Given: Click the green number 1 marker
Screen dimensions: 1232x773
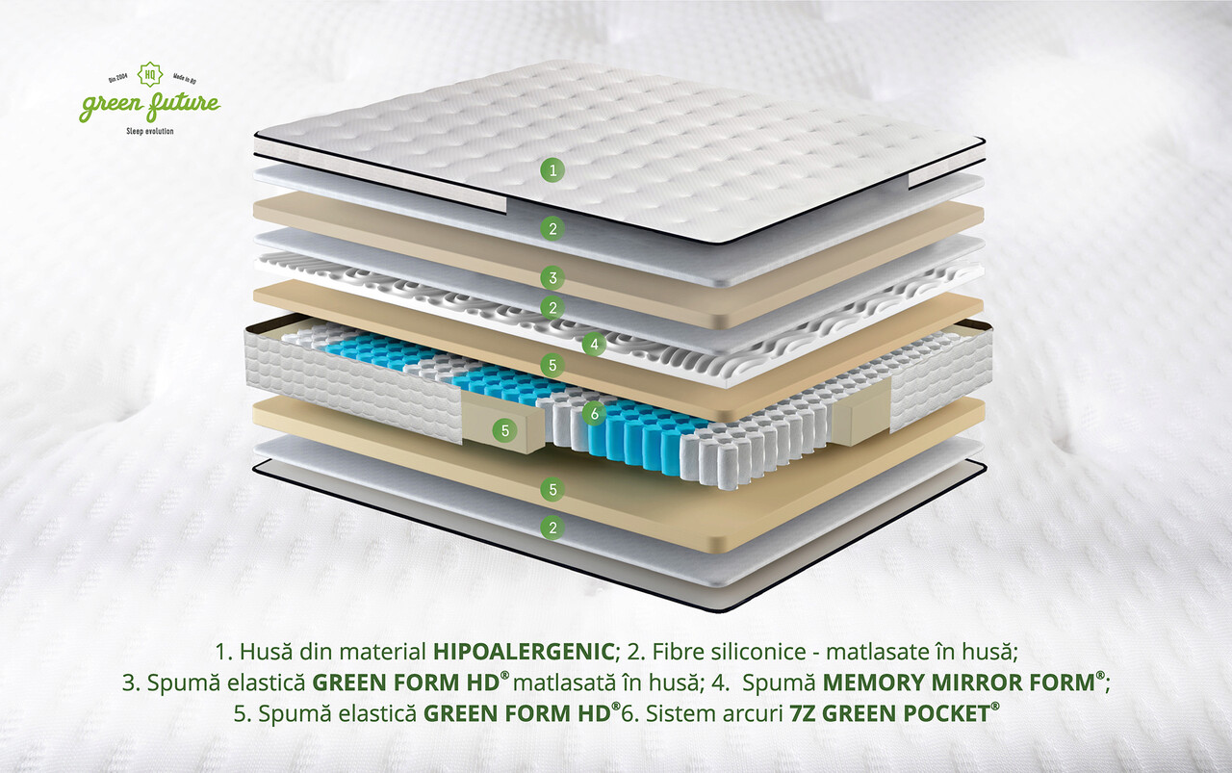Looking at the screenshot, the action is click(552, 170).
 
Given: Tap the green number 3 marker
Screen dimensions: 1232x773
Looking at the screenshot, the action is click(552, 278).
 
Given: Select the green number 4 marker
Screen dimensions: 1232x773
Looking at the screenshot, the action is click(594, 345).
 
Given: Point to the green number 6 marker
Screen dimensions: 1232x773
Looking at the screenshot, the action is click(594, 414).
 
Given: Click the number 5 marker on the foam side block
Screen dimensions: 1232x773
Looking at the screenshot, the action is click(505, 431).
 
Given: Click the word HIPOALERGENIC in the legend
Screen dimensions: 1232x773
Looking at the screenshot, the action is click(524, 652).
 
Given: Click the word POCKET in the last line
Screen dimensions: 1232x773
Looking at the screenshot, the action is click(946, 713).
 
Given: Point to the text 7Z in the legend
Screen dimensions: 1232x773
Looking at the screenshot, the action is click(803, 713).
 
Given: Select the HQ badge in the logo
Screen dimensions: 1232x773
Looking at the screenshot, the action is click(149, 74).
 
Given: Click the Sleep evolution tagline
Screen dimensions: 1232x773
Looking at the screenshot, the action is click(149, 131).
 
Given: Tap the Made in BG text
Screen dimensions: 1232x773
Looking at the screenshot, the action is click(185, 79).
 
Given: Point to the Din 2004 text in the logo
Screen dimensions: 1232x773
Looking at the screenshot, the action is click(118, 78).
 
